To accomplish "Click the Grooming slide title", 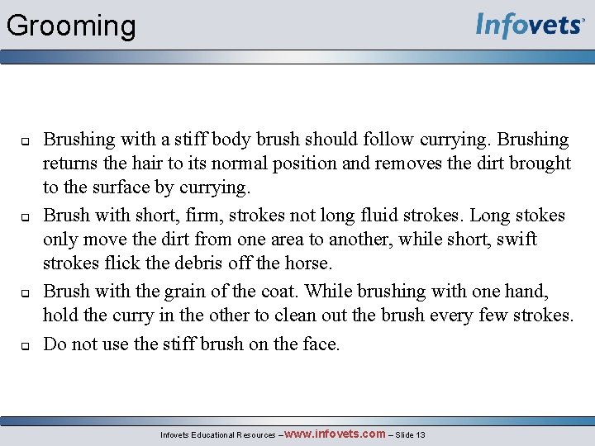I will [x=71, y=26].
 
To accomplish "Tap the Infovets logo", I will [x=530, y=26].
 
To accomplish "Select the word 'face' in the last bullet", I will [x=317, y=344].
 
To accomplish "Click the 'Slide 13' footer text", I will [x=410, y=434].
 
